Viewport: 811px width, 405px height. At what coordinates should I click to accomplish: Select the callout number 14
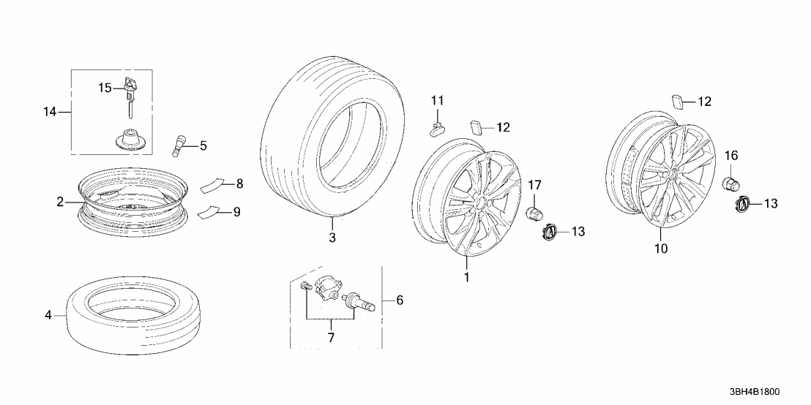point(49,112)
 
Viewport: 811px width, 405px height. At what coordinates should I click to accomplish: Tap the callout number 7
point(330,338)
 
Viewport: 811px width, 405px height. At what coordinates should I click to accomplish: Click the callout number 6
point(399,300)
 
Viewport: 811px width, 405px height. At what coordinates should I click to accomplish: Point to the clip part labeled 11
point(436,129)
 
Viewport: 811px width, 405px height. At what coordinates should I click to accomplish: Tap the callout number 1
point(466,278)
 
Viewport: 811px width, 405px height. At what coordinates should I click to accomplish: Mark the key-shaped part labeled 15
point(130,91)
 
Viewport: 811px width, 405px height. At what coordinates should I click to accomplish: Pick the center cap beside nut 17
point(549,232)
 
